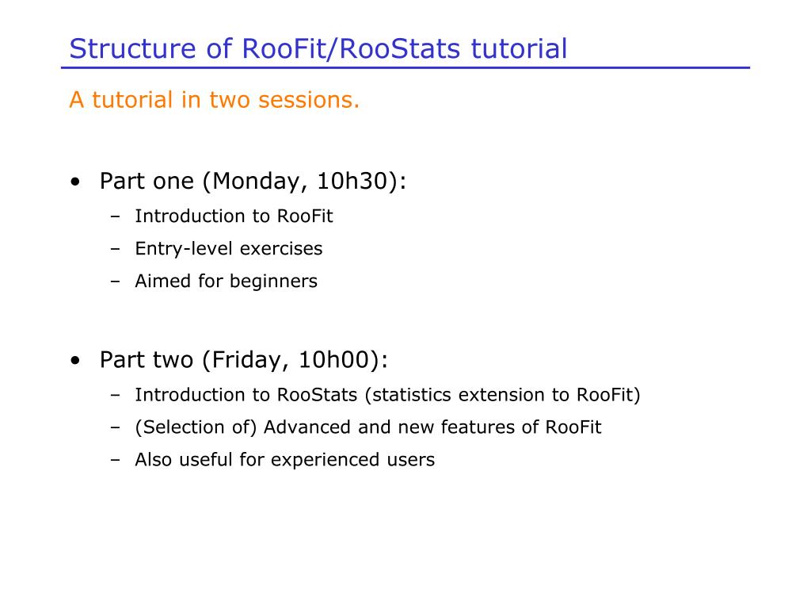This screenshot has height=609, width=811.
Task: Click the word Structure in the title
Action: pyautogui.click(x=133, y=48)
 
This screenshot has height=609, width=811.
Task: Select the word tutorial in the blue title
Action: pyautogui.click(x=519, y=48)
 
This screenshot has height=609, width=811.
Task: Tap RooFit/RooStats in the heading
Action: pyautogui.click(x=351, y=48)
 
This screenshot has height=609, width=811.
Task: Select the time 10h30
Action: pyautogui.click(x=352, y=181)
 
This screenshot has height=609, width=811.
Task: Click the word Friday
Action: pyautogui.click(x=247, y=360)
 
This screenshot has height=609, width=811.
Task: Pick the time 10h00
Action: pyautogui.click(x=334, y=359)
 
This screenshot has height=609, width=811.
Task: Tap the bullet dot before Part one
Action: pyautogui.click(x=76, y=182)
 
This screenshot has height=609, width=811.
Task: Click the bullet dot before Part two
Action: pyautogui.click(x=76, y=361)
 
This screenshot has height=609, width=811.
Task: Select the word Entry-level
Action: pyautogui.click(x=184, y=249)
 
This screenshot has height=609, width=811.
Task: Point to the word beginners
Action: pyautogui.click(x=273, y=282)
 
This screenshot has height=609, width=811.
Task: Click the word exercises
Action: pyautogui.click(x=281, y=248)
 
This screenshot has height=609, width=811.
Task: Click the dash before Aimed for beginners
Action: pyautogui.click(x=116, y=282)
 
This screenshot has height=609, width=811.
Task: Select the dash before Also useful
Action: pyautogui.click(x=116, y=461)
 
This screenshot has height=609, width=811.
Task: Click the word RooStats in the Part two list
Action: pyautogui.click(x=317, y=395)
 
